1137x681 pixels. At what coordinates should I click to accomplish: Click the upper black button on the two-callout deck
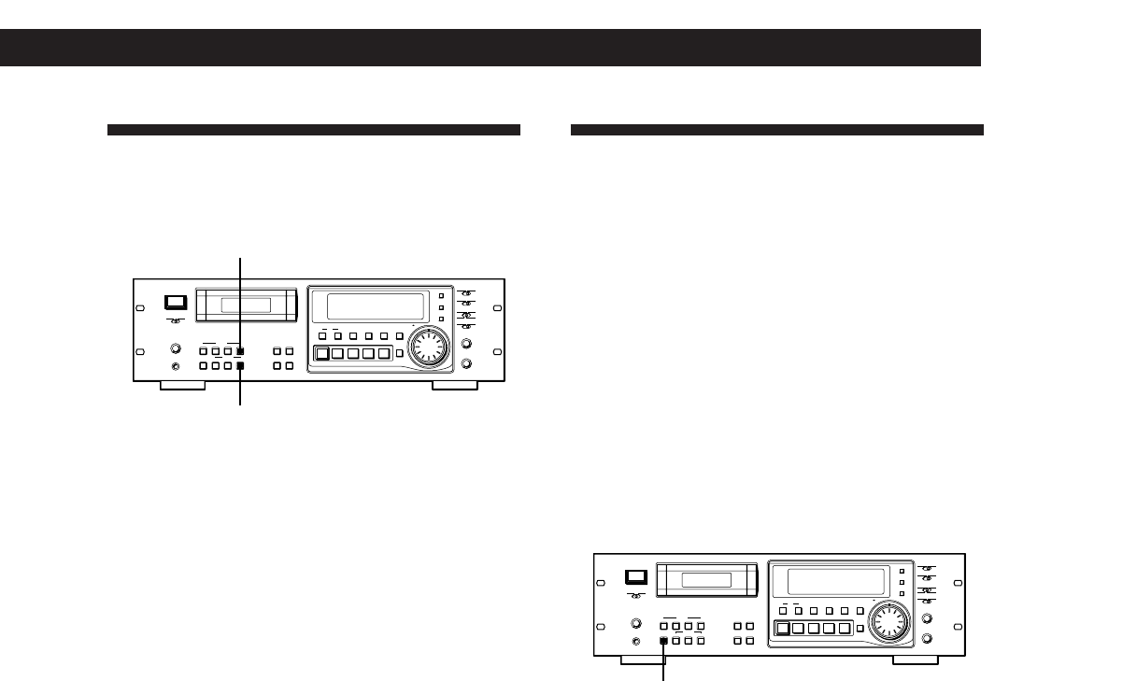click(240, 351)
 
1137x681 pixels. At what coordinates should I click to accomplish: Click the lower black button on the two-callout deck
click(240, 366)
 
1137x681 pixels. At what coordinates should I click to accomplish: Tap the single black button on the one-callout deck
click(664, 641)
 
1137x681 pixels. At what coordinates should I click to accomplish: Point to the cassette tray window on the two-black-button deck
click(247, 305)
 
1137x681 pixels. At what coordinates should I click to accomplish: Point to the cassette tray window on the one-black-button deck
click(707, 580)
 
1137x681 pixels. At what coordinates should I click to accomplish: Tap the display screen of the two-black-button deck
click(373, 306)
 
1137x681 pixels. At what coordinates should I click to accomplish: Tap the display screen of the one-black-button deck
click(833, 581)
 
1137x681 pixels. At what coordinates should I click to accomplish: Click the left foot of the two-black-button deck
click(182, 386)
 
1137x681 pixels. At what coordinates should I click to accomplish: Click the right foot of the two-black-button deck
click(455, 386)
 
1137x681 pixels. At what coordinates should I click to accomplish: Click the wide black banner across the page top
click(490, 48)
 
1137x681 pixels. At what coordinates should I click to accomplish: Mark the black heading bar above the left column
click(313, 130)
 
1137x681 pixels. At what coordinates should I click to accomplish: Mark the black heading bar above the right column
click(776, 130)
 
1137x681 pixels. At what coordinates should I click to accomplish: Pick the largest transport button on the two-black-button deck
click(321, 354)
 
